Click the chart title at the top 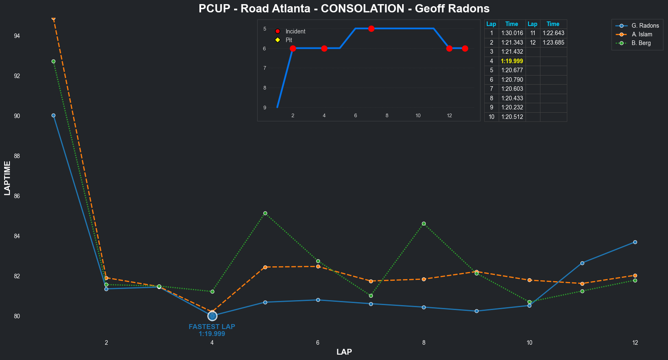[344, 9]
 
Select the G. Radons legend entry [645, 26]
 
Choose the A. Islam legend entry [642, 34]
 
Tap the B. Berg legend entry [641, 43]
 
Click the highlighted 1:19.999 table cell [512, 61]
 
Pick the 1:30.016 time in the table [512, 33]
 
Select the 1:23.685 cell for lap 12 [553, 43]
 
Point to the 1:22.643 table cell [553, 33]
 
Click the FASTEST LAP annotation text [212, 327]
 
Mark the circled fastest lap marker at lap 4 [212, 316]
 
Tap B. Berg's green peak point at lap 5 [265, 213]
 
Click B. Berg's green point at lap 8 [424, 223]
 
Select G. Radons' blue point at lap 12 [635, 242]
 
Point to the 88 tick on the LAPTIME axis [17, 156]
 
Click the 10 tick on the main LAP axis [529, 343]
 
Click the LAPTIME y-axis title [7, 178]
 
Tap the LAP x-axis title [344, 352]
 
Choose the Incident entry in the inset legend [295, 31]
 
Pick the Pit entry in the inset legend [289, 40]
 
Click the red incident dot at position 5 [371, 28]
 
